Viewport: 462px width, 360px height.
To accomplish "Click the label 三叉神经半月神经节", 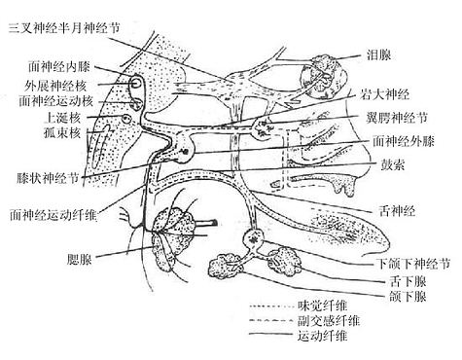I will click(x=65, y=28).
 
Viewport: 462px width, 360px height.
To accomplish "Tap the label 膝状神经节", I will click(x=52, y=179).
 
